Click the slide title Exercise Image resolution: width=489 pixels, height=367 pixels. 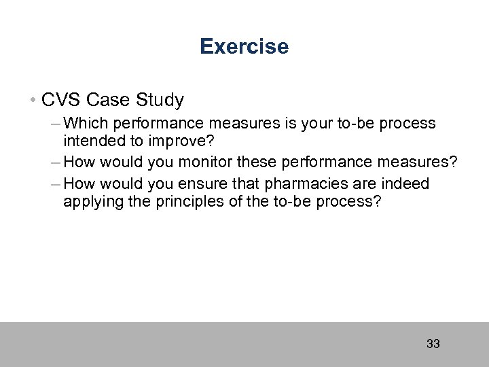pyautogui.click(x=244, y=47)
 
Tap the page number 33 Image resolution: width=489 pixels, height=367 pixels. pyautogui.click(x=433, y=344)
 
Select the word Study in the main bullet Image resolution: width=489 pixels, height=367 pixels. pyautogui.click(x=160, y=101)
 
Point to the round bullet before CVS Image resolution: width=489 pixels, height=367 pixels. pyautogui.click(x=33, y=101)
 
